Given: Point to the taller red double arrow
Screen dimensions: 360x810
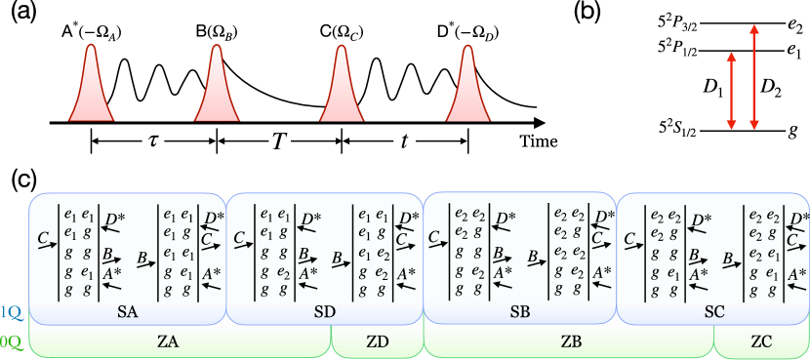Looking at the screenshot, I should click(x=753, y=77).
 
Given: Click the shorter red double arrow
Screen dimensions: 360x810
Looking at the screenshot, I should click(x=731, y=91).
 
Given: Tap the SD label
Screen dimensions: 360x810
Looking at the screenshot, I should click(x=325, y=312).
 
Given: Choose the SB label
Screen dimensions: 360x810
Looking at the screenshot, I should click(x=520, y=312).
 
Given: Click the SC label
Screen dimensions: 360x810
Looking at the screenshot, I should click(x=714, y=312).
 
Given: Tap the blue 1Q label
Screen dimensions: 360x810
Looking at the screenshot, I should click(x=10, y=312).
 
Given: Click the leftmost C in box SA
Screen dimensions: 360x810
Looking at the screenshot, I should click(x=43, y=237).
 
